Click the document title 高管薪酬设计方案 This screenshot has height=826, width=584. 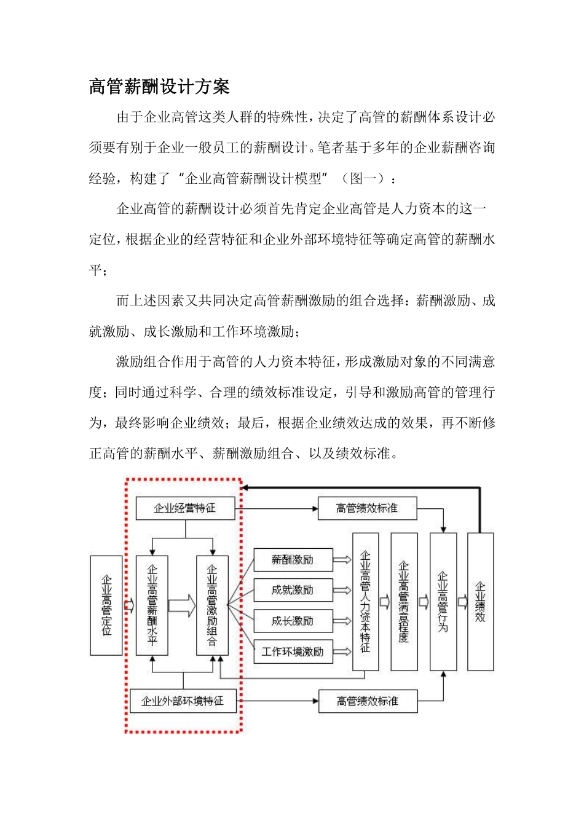pyautogui.click(x=159, y=87)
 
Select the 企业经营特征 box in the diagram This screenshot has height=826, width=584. pyautogui.click(x=185, y=508)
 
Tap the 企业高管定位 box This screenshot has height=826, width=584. pyautogui.click(x=106, y=605)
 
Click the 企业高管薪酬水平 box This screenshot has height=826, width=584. pyautogui.click(x=152, y=605)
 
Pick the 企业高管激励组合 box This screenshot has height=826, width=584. pyautogui.click(x=212, y=605)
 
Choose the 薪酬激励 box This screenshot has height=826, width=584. pyautogui.click(x=293, y=560)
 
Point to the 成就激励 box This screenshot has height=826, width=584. pyautogui.click(x=293, y=590)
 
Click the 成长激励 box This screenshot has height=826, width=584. pyautogui.click(x=293, y=621)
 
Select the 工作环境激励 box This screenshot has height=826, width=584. pyautogui.click(x=293, y=651)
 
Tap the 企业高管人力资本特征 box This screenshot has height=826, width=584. pyautogui.click(x=365, y=602)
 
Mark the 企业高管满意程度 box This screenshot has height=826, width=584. pyautogui.click(x=404, y=602)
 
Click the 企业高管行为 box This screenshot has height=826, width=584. pyautogui.click(x=443, y=602)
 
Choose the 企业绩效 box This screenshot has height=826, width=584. pyautogui.click(x=480, y=602)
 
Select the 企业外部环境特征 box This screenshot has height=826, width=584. pyautogui.click(x=183, y=701)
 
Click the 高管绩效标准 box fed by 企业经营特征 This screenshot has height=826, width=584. pyautogui.click(x=367, y=508)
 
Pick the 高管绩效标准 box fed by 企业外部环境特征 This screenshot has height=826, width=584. pyautogui.click(x=368, y=701)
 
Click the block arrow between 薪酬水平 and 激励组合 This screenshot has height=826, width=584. pyautogui.click(x=181, y=605)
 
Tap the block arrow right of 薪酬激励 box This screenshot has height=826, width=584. pyautogui.click(x=342, y=560)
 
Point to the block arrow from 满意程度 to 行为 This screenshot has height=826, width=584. pyautogui.click(x=424, y=602)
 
